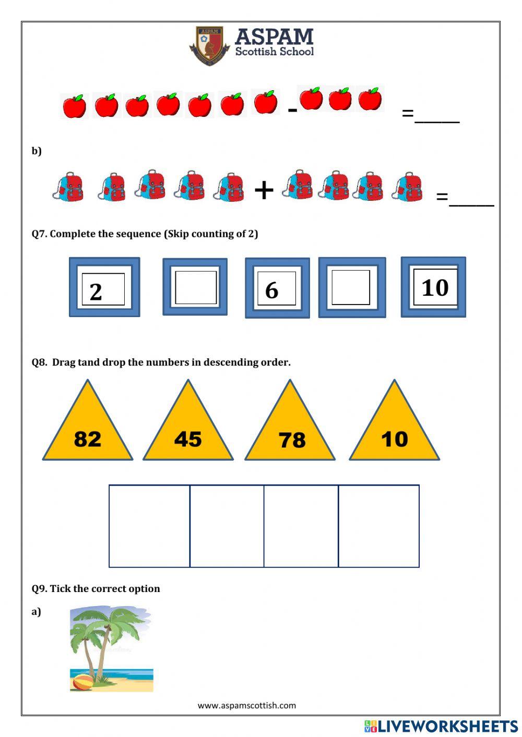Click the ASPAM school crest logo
pyautogui.click(x=209, y=46)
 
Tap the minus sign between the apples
pyautogui.click(x=292, y=110)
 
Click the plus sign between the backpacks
pyautogui.click(x=264, y=190)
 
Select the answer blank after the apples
pyautogui.click(x=437, y=117)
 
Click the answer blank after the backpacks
pyautogui.click(x=471, y=200)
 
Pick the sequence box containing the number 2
pyautogui.click(x=104, y=287)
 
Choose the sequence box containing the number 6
pyautogui.click(x=277, y=288)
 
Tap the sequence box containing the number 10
pyautogui.click(x=433, y=287)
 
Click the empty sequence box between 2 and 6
pyautogui.click(x=195, y=287)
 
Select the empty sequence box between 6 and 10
pyautogui.click(x=352, y=287)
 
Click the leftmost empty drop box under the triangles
pyautogui.click(x=149, y=526)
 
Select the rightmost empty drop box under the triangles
pyautogui.click(x=378, y=526)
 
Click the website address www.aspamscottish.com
pyautogui.click(x=246, y=705)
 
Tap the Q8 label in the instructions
pyautogui.click(x=40, y=362)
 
